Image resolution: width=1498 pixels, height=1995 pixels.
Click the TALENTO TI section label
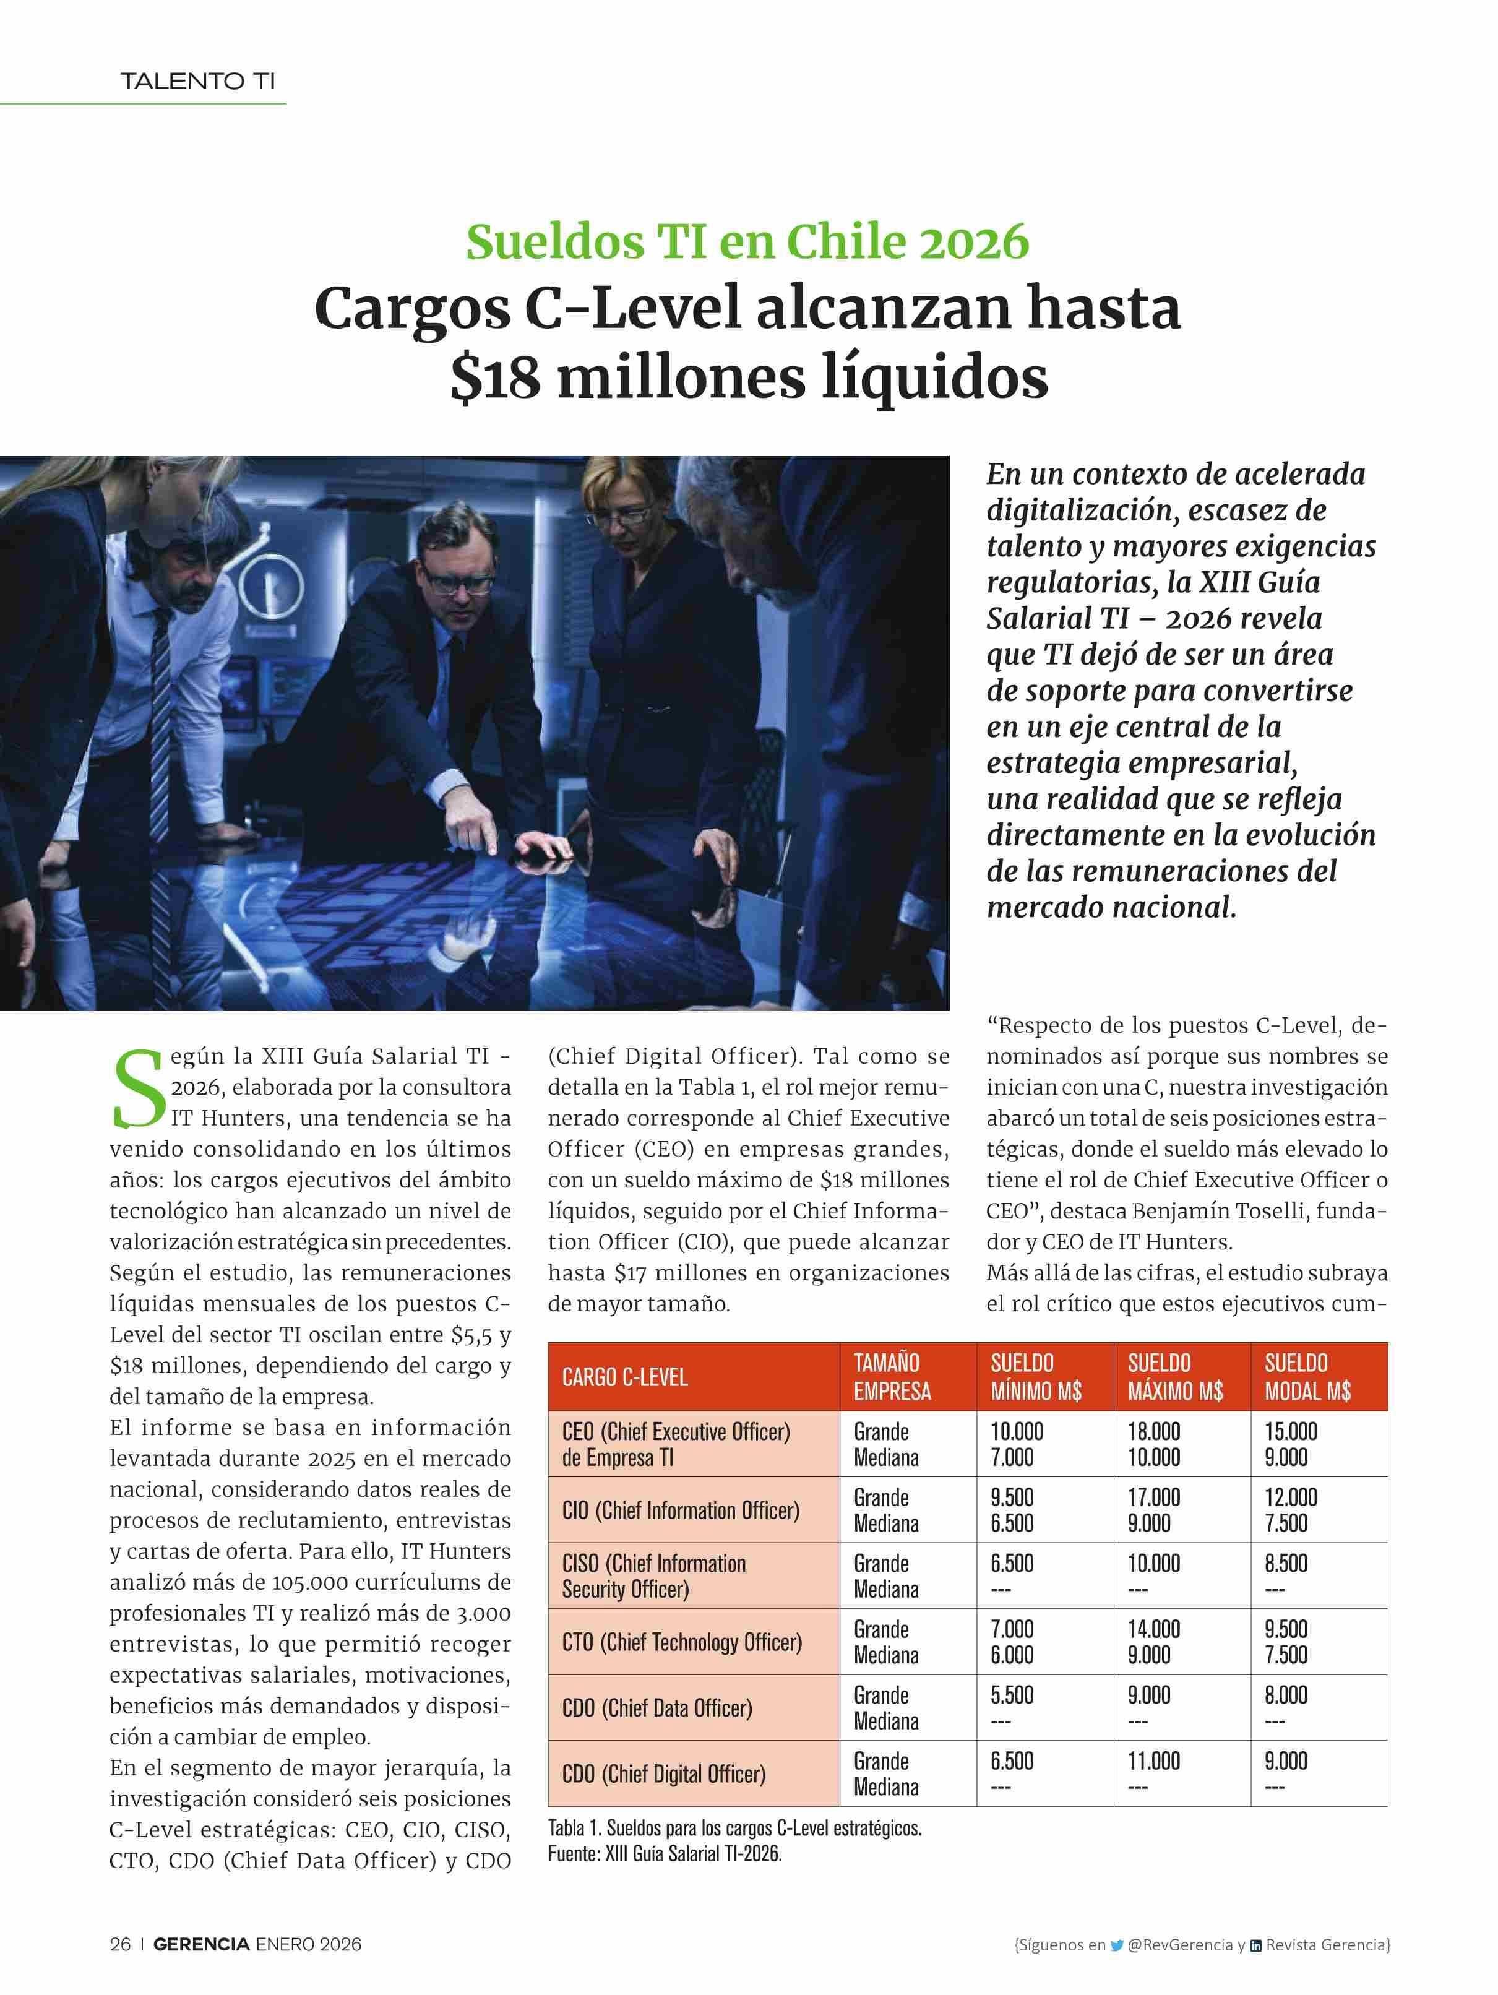[x=197, y=81]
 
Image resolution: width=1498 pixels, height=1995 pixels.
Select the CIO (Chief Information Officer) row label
[x=680, y=1510]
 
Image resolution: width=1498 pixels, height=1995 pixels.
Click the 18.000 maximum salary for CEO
[x=1153, y=1431]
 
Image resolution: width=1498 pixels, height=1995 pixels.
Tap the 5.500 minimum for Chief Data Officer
[x=1012, y=1695]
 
